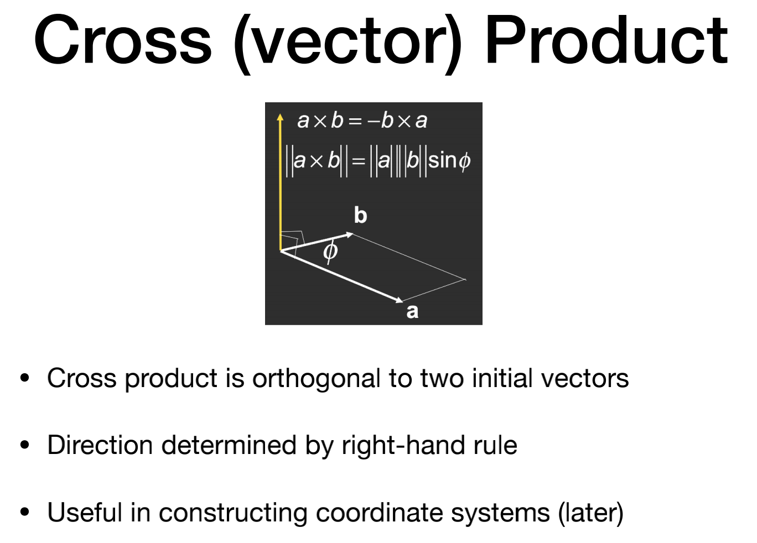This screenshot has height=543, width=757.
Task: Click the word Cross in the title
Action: tap(123, 40)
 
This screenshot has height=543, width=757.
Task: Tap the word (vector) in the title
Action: tap(348, 44)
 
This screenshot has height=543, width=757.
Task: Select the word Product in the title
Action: tap(606, 39)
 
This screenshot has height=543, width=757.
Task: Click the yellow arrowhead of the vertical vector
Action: tap(280, 117)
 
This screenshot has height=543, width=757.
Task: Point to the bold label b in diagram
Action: tap(361, 215)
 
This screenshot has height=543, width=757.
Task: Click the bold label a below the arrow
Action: tap(412, 311)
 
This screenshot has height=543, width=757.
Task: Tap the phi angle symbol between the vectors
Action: tap(330, 251)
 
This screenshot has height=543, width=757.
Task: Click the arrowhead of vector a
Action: tap(399, 300)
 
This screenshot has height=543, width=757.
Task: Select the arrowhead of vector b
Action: tap(349, 234)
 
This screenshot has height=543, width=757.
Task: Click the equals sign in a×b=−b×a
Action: tap(355, 121)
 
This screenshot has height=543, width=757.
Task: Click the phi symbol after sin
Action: tap(465, 161)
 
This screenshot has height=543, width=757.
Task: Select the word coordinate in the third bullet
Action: tap(379, 513)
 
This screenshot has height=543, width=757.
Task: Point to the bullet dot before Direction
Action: tap(25, 445)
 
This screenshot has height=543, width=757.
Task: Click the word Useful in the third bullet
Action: tap(85, 513)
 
